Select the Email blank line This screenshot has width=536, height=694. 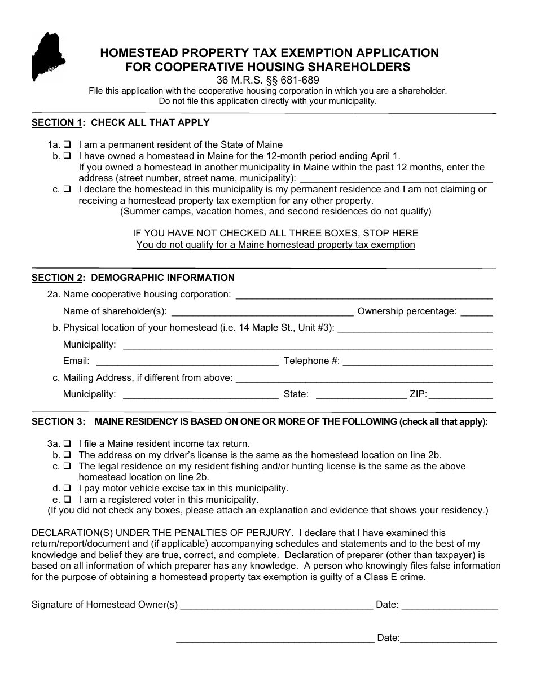tap(187, 362)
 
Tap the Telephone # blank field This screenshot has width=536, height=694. tap(418, 362)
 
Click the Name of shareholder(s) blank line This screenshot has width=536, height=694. tap(262, 313)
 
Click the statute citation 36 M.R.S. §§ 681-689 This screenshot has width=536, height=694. tap(268, 80)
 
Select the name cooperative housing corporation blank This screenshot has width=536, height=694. tap(364, 296)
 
